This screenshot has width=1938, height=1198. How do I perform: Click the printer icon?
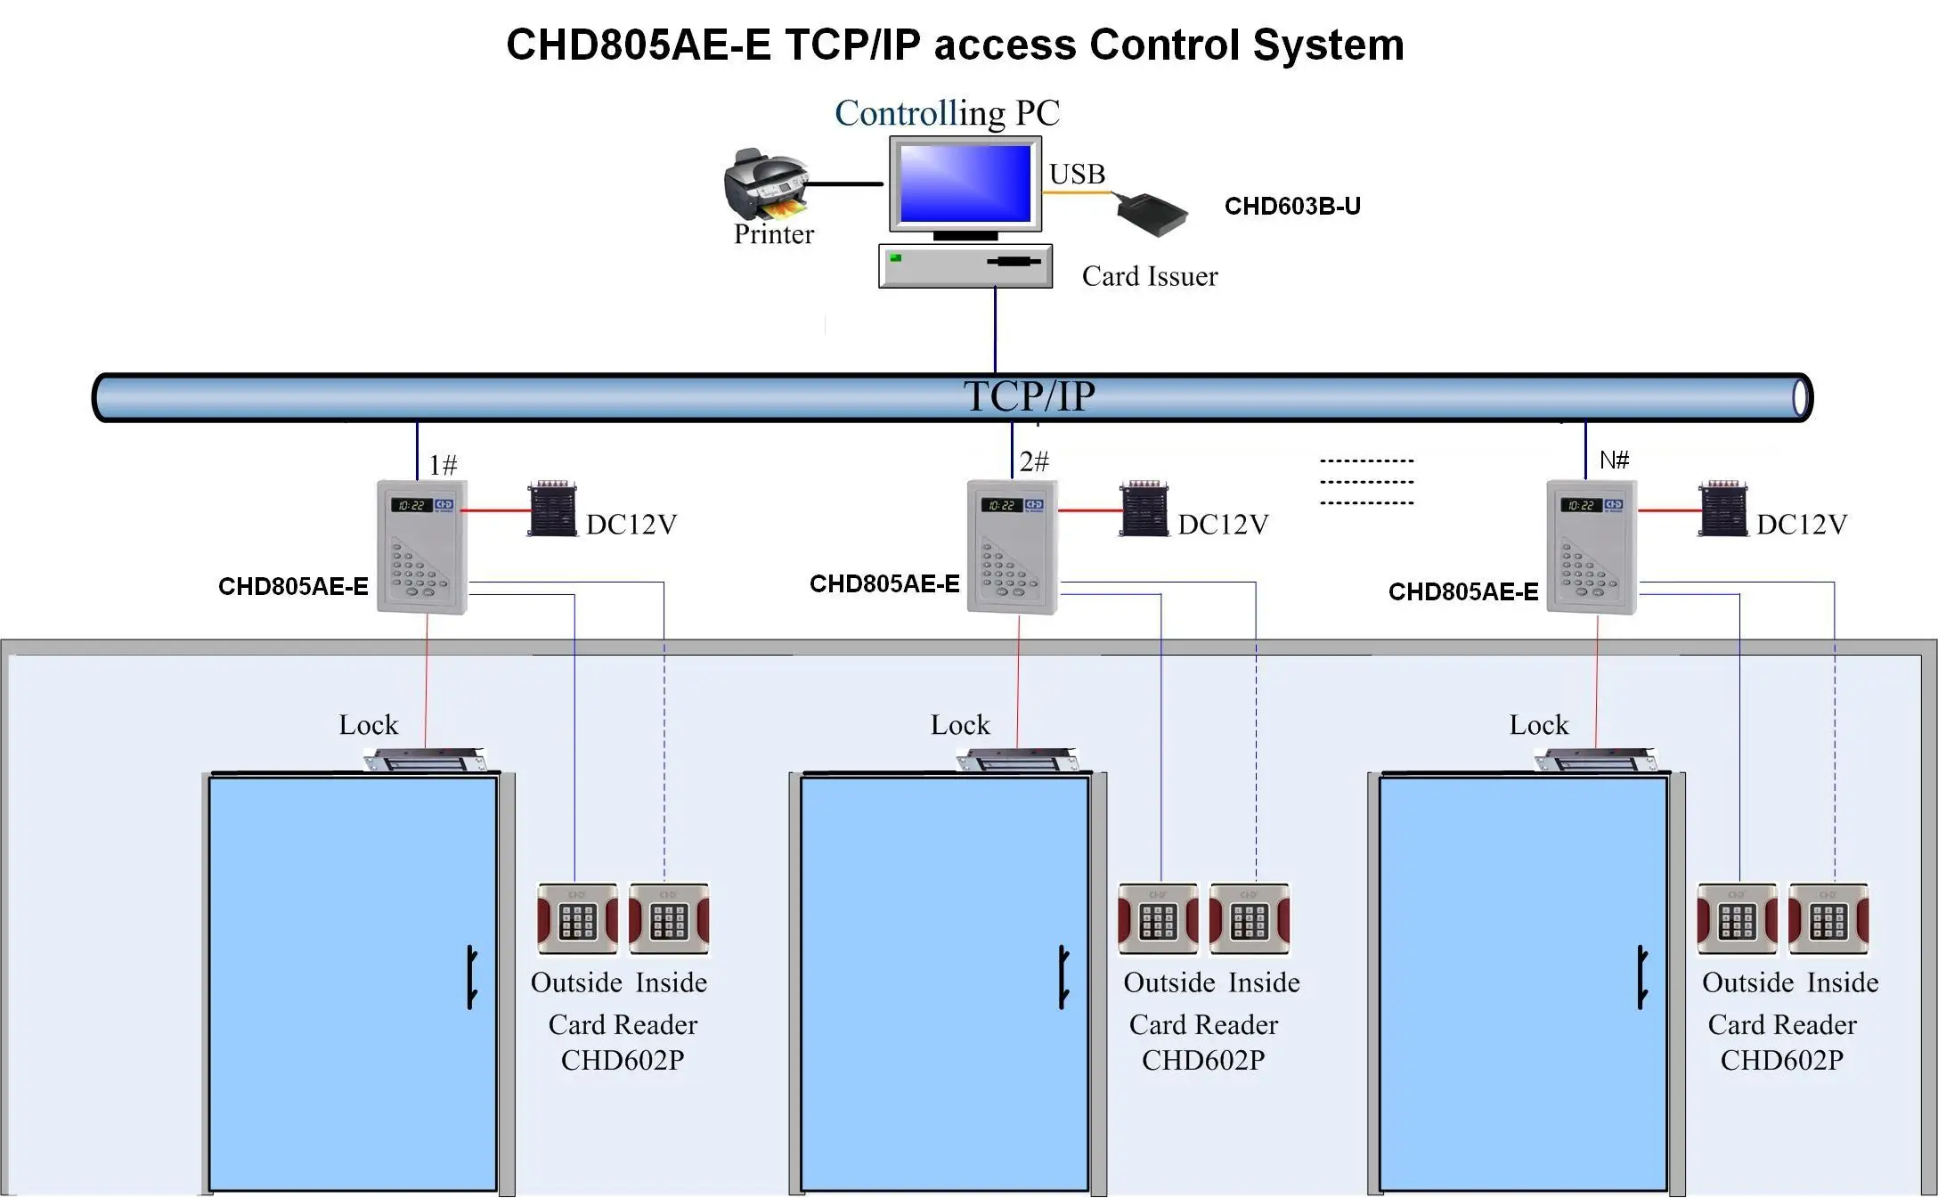tap(767, 183)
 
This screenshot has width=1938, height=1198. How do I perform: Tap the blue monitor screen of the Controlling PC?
tap(965, 183)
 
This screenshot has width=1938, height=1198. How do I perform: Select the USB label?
tap(1077, 174)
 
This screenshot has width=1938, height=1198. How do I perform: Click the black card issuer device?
tap(1152, 212)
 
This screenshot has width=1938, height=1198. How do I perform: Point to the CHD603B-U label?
tap(1292, 207)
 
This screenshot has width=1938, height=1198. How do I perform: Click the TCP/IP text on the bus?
tap(1029, 396)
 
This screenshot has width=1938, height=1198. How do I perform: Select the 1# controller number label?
tap(443, 465)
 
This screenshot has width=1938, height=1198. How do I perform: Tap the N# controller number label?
tap(1614, 460)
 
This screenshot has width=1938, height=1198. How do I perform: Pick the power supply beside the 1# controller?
tap(552, 509)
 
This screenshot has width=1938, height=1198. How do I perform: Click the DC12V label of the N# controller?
tap(1801, 525)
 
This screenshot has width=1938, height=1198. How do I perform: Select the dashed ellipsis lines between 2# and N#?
tap(1366, 482)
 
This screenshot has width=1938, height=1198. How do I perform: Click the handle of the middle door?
tap(1063, 977)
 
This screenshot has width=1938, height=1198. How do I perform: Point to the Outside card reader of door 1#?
tap(577, 919)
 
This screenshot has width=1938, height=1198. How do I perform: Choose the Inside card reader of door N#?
tap(1828, 919)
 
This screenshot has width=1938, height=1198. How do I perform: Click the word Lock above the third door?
tap(1538, 725)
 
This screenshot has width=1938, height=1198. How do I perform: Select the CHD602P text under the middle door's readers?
tap(1202, 1060)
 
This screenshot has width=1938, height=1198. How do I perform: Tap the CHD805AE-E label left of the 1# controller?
tap(293, 586)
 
